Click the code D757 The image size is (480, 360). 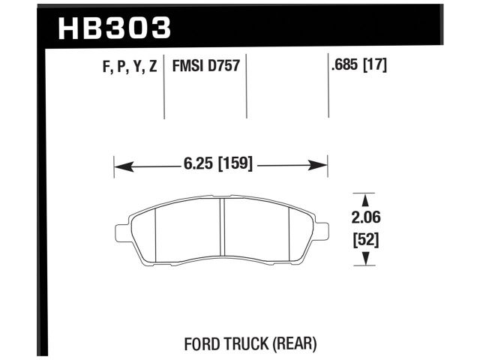[x=223, y=67]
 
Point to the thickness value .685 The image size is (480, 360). [x=346, y=66]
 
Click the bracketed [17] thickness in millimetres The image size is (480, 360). [x=376, y=66]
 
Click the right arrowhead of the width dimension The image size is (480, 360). [x=322, y=163]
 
